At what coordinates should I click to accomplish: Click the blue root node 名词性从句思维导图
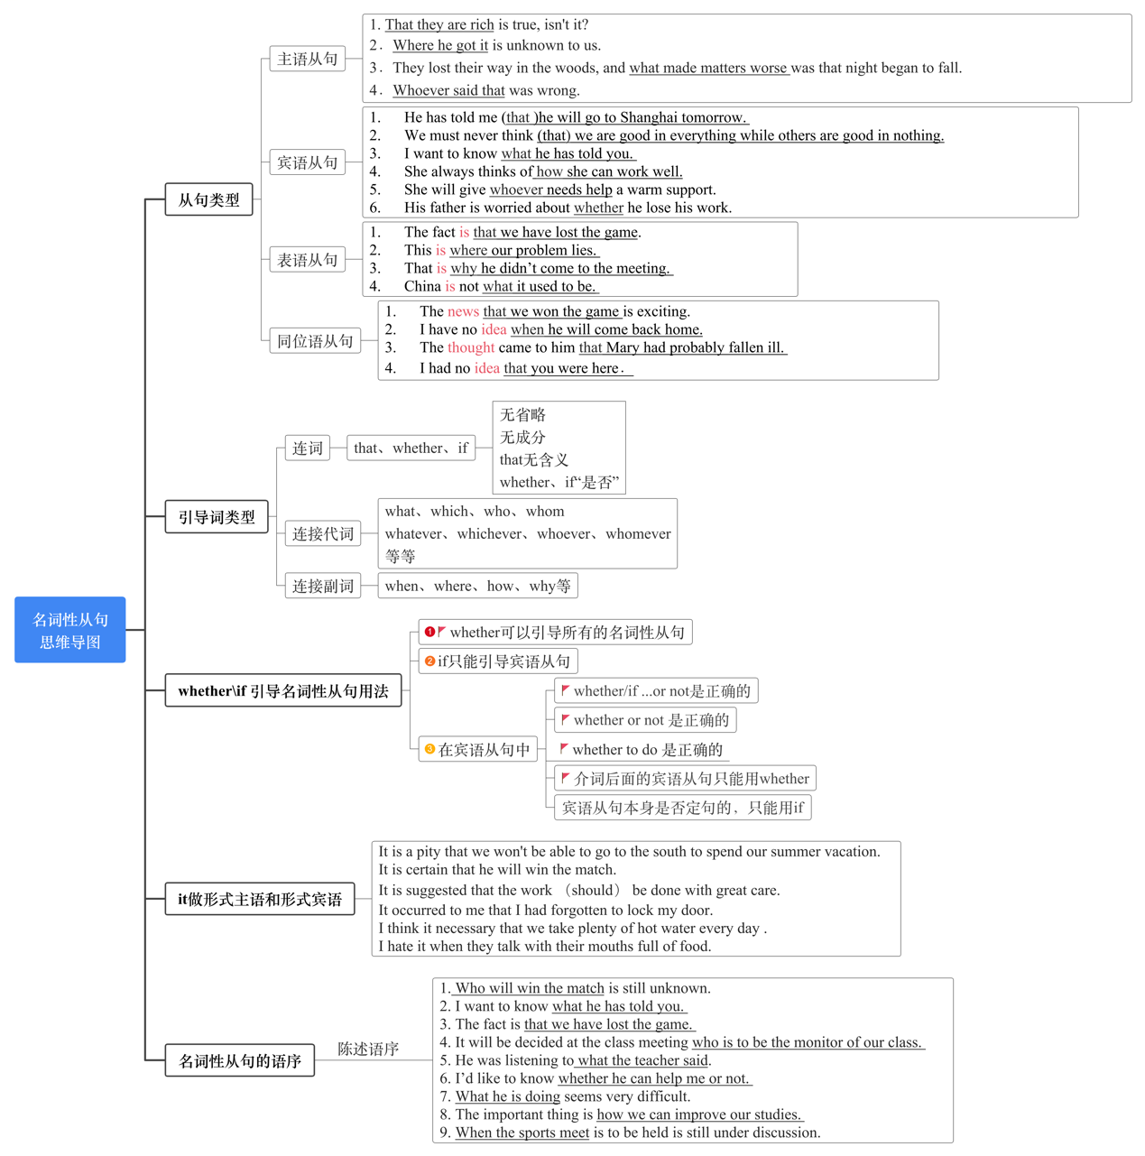(x=70, y=630)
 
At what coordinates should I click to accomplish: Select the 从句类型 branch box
(x=208, y=200)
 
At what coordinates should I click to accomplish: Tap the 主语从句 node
(x=308, y=60)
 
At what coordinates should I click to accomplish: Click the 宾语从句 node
(x=308, y=162)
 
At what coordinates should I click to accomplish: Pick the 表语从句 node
(x=308, y=260)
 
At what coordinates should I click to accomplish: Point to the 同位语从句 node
(x=315, y=341)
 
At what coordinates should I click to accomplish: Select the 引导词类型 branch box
(x=217, y=517)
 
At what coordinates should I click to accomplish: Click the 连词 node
(x=308, y=449)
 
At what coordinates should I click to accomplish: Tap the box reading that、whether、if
(x=411, y=449)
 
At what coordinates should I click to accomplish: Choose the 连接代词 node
(x=323, y=534)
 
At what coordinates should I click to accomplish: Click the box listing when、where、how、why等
(x=477, y=586)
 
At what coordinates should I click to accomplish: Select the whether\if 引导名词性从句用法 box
(x=283, y=691)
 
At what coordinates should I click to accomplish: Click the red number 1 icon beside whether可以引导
(x=430, y=632)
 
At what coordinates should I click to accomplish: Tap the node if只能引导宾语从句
(x=498, y=661)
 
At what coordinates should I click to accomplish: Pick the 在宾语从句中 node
(x=478, y=750)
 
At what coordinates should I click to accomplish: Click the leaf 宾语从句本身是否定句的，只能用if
(x=682, y=808)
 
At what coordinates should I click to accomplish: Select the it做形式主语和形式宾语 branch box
(x=260, y=900)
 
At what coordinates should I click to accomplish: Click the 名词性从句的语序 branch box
(x=240, y=1061)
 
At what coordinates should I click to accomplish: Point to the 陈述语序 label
(x=368, y=1049)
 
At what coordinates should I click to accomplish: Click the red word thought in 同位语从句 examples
(x=471, y=347)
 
